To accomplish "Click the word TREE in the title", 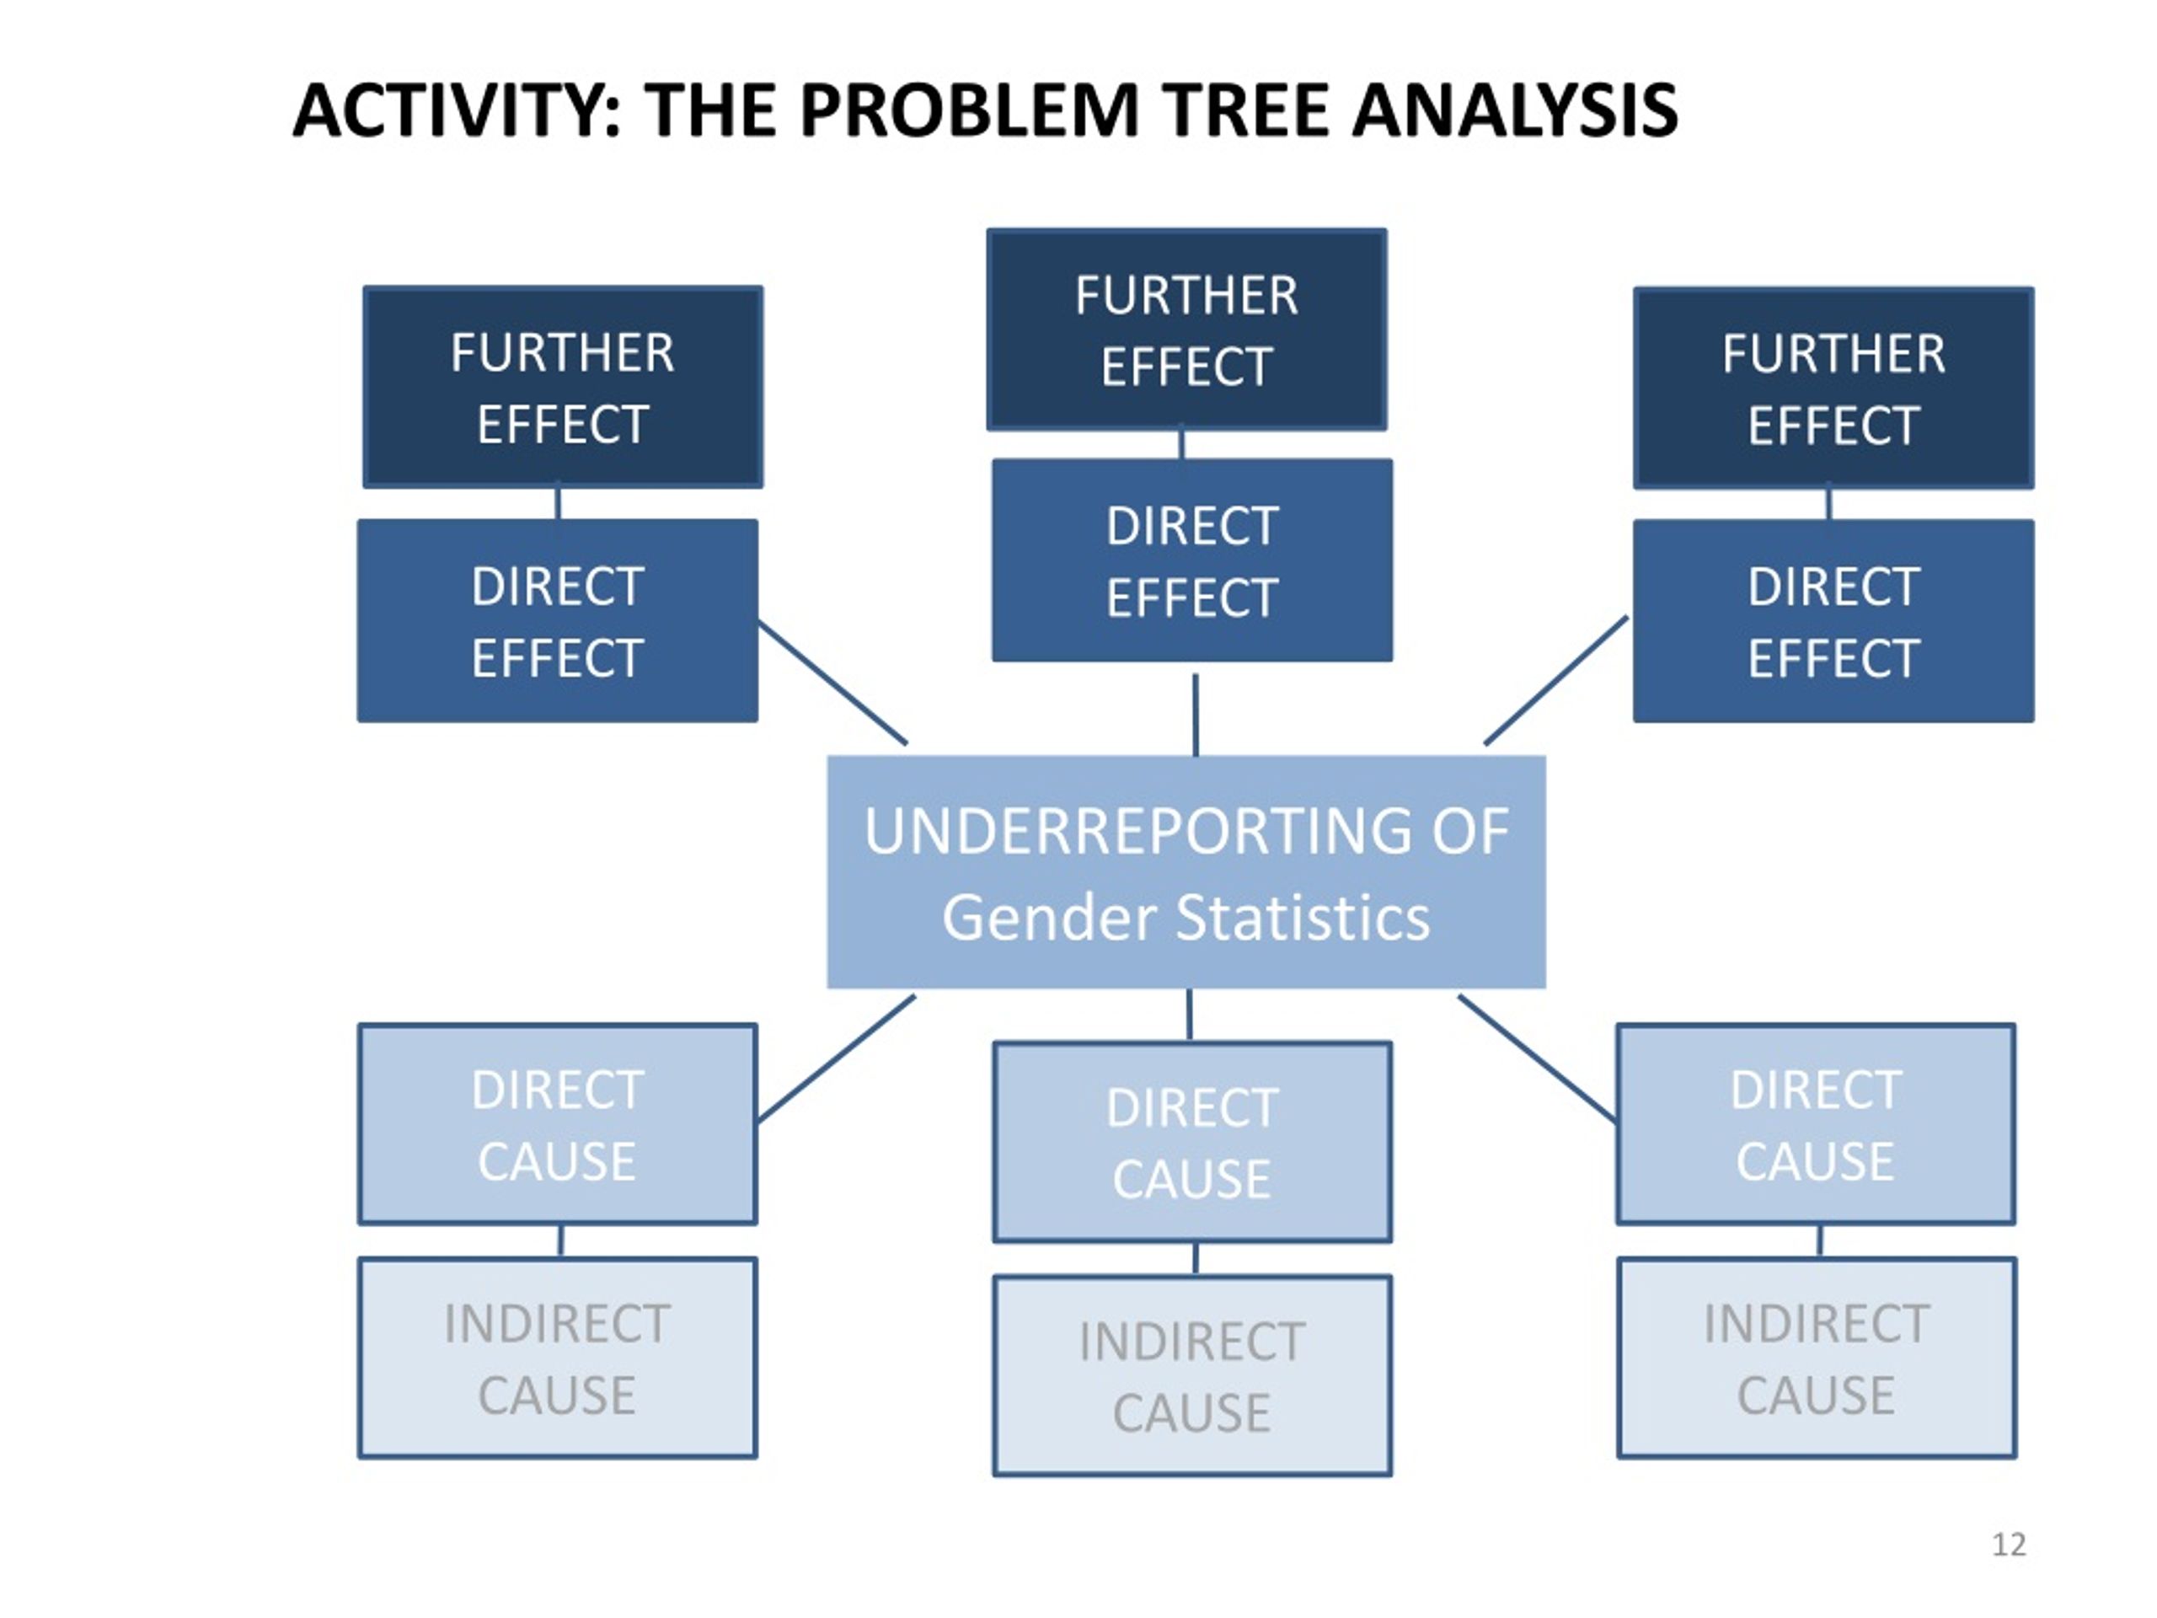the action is click(1246, 110).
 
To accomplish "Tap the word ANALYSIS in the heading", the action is click(1514, 110).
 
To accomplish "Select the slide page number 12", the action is click(2009, 1545).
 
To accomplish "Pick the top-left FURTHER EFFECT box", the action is click(563, 387).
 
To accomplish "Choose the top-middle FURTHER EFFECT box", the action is click(1186, 329).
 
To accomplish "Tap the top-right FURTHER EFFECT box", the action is click(1833, 388).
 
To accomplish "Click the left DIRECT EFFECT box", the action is click(558, 620).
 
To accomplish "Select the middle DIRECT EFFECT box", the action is click(1191, 560).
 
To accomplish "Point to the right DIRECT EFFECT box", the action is click(1833, 621).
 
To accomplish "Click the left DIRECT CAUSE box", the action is click(558, 1123).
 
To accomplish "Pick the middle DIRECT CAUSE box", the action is click(1191, 1142).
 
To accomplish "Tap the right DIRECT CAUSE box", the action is click(1816, 1123).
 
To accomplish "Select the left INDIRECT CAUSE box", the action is click(558, 1358).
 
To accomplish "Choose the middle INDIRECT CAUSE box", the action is click(1191, 1376).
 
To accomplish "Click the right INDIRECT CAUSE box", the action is click(1817, 1358).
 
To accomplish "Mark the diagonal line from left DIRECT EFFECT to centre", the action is click(832, 683).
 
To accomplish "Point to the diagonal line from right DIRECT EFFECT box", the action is click(1555, 680).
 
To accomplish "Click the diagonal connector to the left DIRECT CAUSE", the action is click(837, 1058).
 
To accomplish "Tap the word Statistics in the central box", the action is click(1302, 918).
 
